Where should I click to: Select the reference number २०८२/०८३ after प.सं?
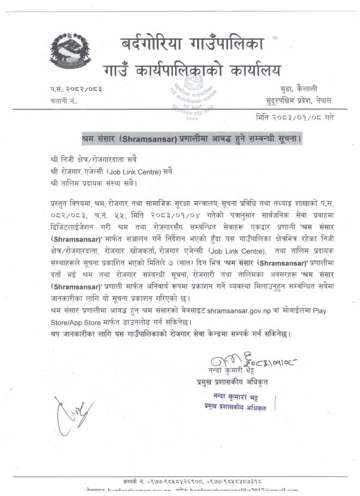tap(84, 89)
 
